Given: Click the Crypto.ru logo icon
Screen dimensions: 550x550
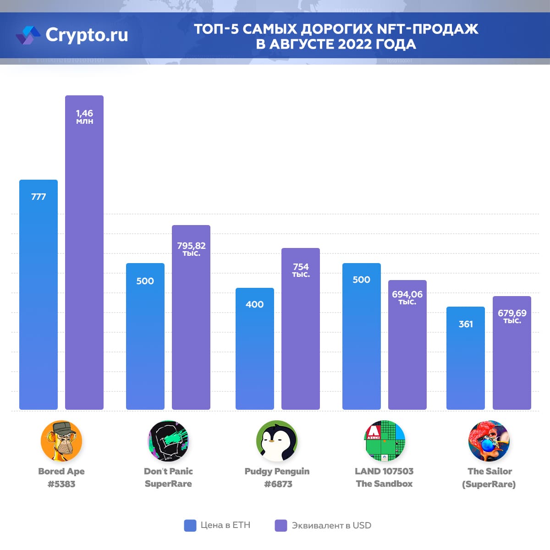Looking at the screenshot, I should point(28,35).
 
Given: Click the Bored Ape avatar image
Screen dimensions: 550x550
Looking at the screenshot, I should point(61,441).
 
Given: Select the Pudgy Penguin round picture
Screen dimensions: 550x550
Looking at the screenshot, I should point(277,441).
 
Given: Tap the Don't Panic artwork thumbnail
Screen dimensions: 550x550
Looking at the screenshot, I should point(168,441).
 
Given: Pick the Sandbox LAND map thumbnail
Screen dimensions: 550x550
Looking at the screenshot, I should point(385,441).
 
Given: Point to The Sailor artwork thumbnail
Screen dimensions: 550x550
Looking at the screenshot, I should point(489,441).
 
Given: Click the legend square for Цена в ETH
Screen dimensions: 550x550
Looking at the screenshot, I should point(190,525).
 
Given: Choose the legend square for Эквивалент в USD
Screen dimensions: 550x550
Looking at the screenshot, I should point(281,525).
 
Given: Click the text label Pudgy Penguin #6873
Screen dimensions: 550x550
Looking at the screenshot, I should point(277,478).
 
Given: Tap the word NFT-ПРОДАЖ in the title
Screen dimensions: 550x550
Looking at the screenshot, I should point(427,29).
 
